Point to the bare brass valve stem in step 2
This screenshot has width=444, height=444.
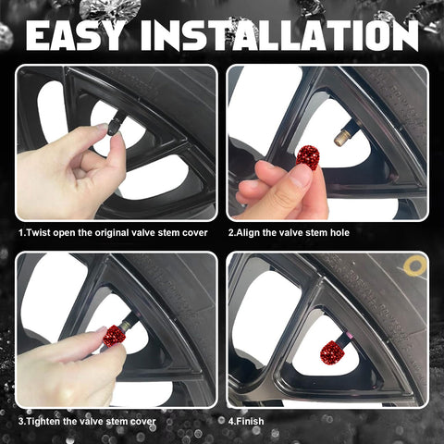pos(342,138)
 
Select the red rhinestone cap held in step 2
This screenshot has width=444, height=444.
pos(308,157)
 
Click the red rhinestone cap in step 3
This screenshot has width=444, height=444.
pos(115,336)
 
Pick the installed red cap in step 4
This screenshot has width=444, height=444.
pos(332,351)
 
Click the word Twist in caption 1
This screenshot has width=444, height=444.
pos(38,232)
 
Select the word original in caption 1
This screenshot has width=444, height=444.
pos(112,233)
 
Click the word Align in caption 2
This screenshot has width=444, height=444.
pos(248,233)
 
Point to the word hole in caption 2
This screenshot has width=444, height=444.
pos(339,232)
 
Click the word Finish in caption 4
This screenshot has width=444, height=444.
pos(250,421)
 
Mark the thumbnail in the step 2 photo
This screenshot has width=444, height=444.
pos(300,179)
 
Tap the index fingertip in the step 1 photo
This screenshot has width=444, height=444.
pos(102,128)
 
